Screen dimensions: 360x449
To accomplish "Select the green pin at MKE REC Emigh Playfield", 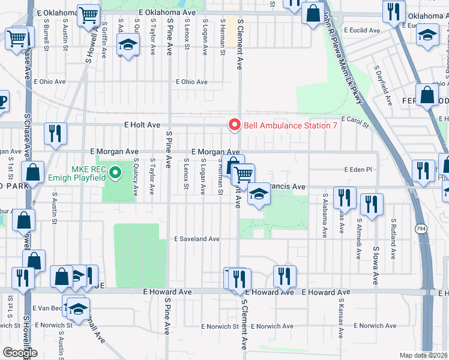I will coord(117,175).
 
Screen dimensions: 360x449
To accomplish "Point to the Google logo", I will coord(20,353).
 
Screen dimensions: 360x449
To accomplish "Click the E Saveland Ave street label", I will coord(197,239).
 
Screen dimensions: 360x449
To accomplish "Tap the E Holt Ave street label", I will coord(142,125).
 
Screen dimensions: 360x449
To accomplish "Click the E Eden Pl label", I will coord(358,170).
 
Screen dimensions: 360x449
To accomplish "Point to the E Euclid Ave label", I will coord(358,30).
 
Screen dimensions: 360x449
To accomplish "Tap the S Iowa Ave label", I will coord(376,264).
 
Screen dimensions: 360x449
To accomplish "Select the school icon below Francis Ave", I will coord(259,195).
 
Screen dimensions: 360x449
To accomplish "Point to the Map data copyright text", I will coord(424,355).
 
